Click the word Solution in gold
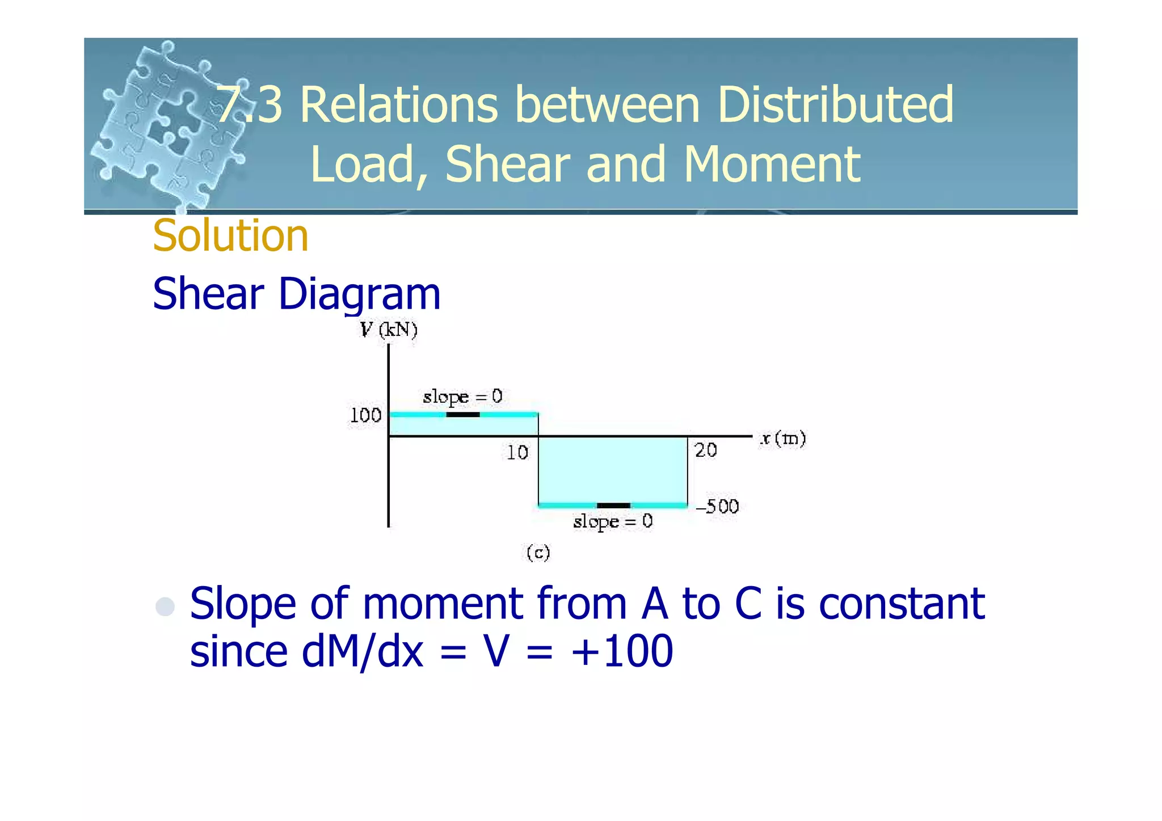(x=230, y=235)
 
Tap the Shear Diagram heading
(x=296, y=294)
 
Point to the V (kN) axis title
(x=389, y=330)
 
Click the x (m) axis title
(x=782, y=439)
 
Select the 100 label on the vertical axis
(x=365, y=415)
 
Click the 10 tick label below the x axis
(x=517, y=452)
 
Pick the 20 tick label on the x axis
(x=706, y=450)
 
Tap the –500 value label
(x=717, y=506)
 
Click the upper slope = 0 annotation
(x=462, y=397)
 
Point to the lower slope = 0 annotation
(x=613, y=521)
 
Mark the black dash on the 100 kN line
(x=463, y=415)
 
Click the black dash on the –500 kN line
(x=613, y=506)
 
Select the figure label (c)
(x=538, y=552)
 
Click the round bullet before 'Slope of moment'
(x=165, y=606)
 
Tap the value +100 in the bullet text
(x=622, y=651)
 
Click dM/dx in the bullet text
(x=363, y=651)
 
